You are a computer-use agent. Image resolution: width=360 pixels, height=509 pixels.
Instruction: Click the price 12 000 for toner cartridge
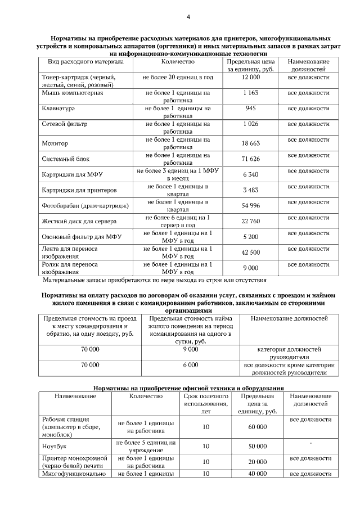(250, 76)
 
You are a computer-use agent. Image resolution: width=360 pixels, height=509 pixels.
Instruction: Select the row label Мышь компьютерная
(72, 92)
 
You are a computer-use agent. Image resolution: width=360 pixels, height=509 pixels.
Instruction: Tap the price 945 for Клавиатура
(251, 107)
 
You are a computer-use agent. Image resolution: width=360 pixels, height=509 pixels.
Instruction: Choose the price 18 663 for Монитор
(251, 143)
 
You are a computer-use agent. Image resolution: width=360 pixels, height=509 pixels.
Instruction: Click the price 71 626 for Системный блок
(251, 159)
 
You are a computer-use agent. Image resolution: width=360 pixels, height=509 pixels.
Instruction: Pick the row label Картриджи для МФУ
(70, 175)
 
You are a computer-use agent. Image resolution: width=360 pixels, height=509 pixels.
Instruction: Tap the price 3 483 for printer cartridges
(251, 190)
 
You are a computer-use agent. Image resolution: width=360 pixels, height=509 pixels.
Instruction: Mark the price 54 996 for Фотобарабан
(251, 206)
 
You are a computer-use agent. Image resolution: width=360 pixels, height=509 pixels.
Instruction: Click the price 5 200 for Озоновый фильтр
(251, 237)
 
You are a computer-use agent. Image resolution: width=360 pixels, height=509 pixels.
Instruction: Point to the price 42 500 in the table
(251, 253)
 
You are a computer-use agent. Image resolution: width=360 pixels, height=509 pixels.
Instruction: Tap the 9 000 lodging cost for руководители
(191, 349)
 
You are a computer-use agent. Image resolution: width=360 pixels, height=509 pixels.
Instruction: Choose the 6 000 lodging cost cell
(191, 364)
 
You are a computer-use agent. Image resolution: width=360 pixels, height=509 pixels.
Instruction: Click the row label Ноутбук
(55, 447)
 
